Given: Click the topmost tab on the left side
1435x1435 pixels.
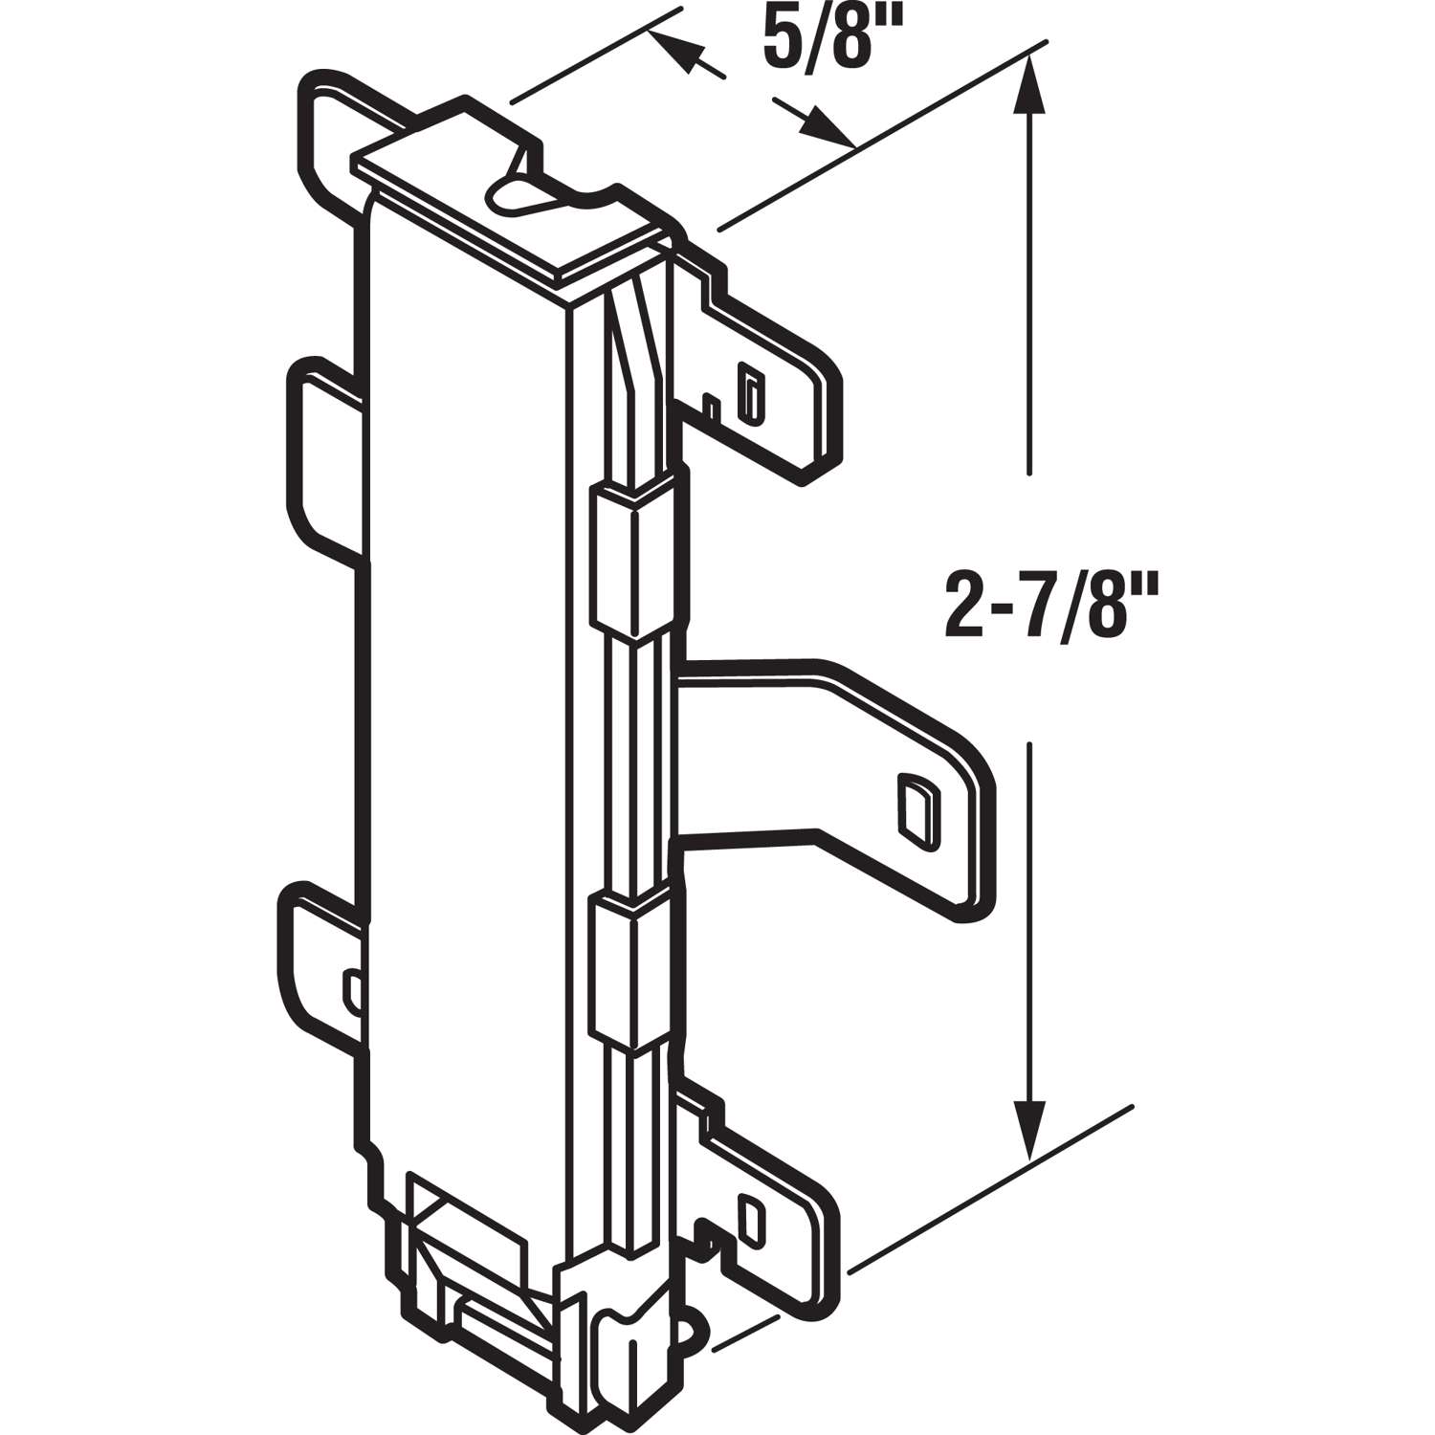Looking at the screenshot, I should click(335, 124).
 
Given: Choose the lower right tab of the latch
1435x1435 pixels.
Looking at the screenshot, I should click(765, 1215).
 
